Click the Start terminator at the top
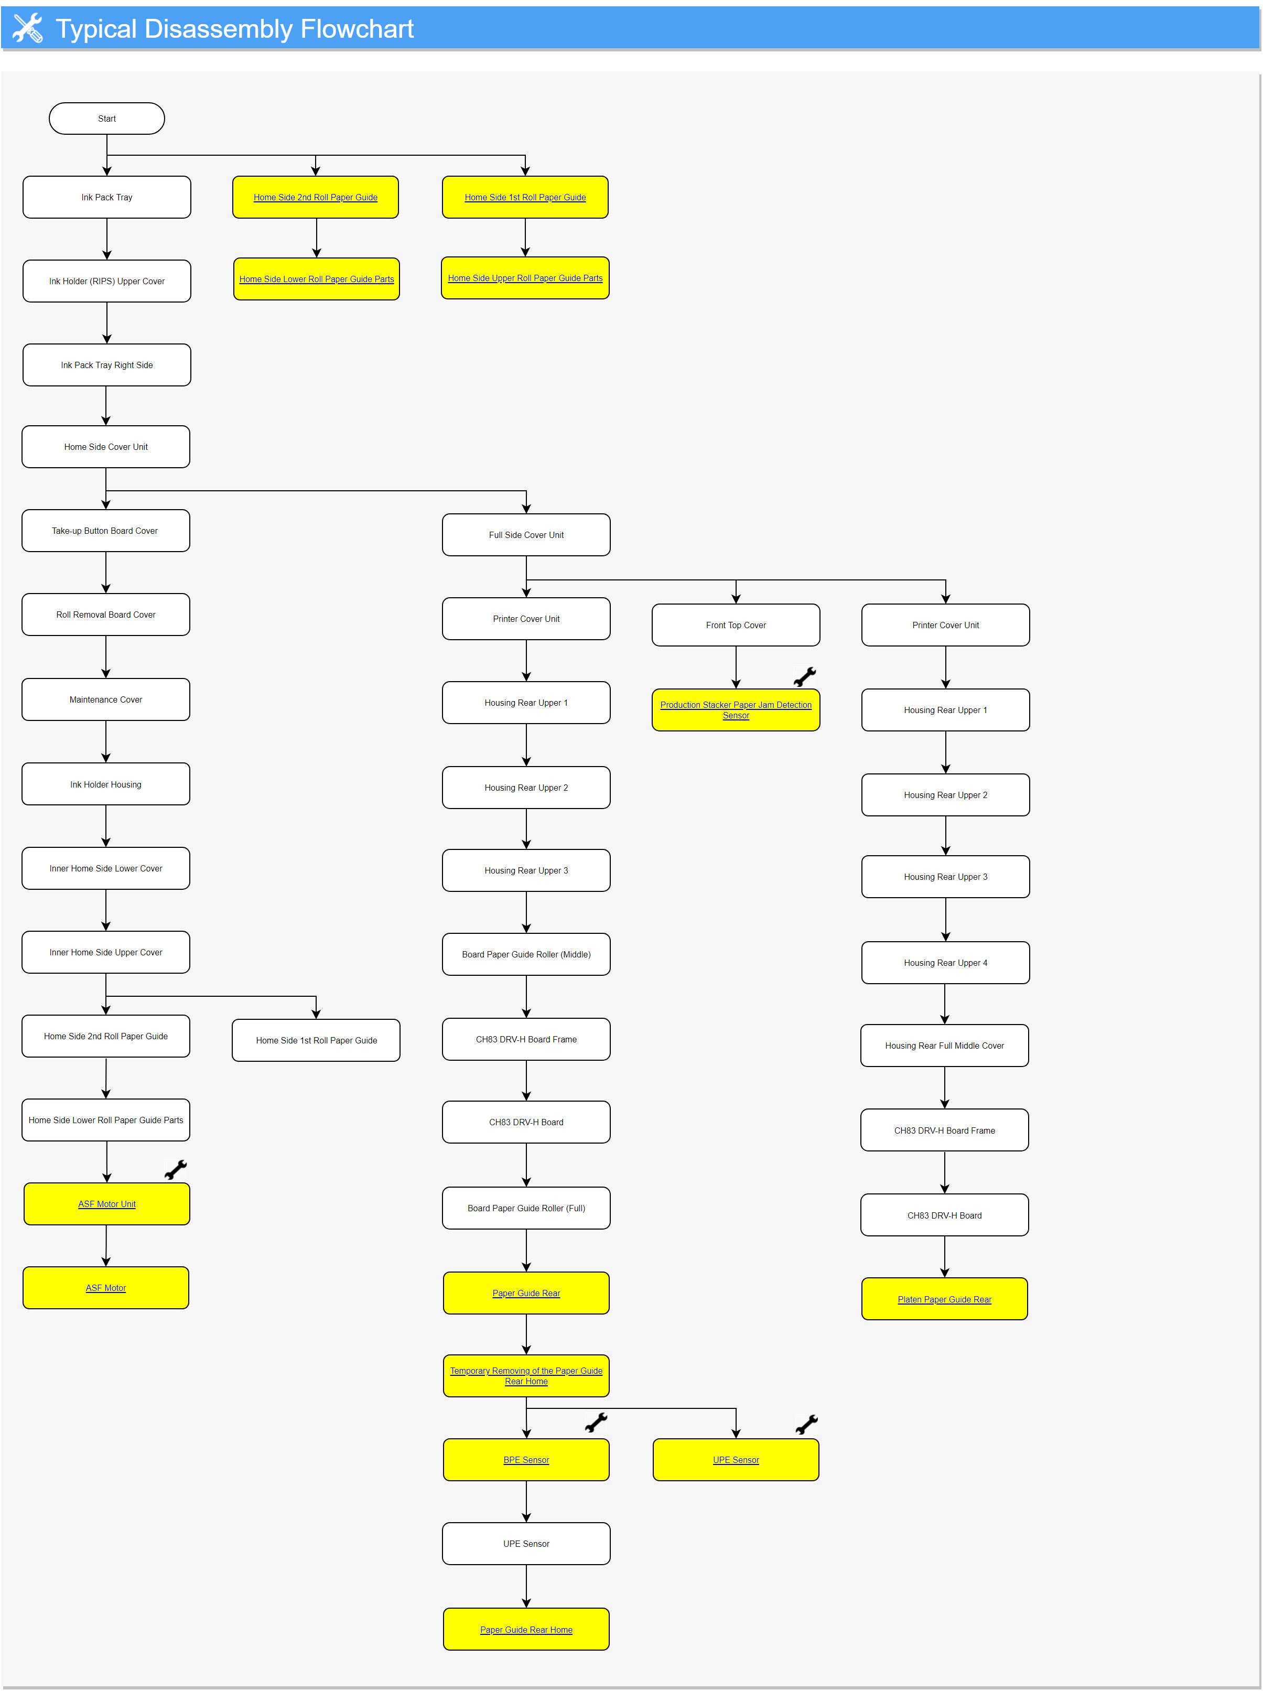click(x=106, y=119)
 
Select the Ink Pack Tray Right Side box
click(x=106, y=365)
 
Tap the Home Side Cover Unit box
click(x=105, y=447)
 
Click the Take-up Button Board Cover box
click(x=105, y=531)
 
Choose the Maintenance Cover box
click(x=105, y=700)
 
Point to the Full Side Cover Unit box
click(x=526, y=535)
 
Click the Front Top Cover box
click(x=736, y=626)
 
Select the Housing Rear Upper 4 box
click(x=945, y=963)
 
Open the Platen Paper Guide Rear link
click(x=944, y=1300)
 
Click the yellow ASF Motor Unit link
click(x=107, y=1204)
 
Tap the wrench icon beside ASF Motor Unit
click(x=176, y=1170)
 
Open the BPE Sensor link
click(x=526, y=1460)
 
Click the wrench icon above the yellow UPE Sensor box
click(x=806, y=1424)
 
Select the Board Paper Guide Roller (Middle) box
click(x=526, y=955)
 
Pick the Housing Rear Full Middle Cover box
click(x=944, y=1046)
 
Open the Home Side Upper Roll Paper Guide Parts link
click(x=525, y=278)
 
